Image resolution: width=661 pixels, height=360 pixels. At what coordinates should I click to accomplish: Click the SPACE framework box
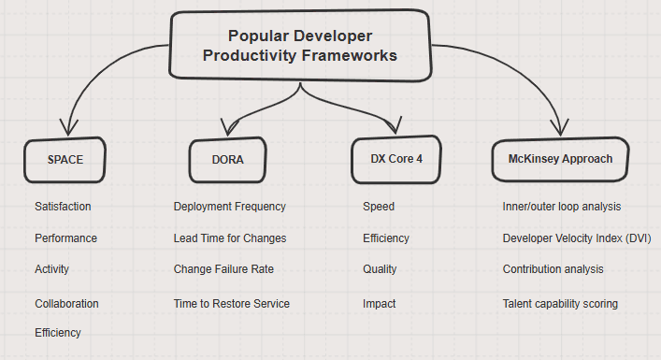coord(65,160)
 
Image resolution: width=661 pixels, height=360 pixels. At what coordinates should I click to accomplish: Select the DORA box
coord(227,160)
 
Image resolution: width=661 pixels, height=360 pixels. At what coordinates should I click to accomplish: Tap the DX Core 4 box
coord(396,159)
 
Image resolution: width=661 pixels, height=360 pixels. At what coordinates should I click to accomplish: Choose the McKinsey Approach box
coord(560,159)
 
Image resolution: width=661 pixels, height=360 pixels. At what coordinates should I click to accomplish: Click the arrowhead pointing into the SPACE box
coord(68,127)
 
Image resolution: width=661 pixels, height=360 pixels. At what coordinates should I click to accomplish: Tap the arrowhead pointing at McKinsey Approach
coord(560,127)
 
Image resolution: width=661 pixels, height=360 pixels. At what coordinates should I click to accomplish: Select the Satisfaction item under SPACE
coord(63,207)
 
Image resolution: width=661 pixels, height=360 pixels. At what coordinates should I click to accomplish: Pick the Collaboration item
coord(66,304)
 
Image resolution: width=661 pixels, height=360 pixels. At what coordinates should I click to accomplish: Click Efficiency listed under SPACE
coord(58,333)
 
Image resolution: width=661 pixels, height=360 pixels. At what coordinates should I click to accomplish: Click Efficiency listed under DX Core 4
coord(386,238)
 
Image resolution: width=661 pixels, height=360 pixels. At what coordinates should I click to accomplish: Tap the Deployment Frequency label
coord(230,207)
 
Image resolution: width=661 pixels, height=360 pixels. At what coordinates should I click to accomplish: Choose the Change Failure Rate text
coord(223,269)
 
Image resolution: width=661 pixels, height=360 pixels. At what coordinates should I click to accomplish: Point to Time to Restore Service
coord(232,304)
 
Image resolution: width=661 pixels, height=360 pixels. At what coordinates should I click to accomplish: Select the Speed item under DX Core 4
coord(379,207)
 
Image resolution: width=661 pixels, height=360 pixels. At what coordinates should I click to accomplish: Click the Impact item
coord(380,304)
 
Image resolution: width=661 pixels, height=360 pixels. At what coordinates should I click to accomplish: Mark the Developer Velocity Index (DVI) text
coord(577,238)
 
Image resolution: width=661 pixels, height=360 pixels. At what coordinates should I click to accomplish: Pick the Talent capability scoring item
coord(560,304)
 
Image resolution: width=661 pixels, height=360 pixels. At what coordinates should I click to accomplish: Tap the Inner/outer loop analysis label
coord(562,207)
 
